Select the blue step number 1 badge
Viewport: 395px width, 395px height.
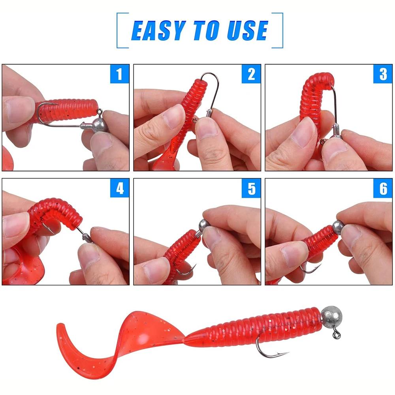pos(120,74)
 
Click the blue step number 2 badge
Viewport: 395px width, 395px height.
pos(251,74)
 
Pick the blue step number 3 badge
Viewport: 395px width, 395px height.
pos(383,74)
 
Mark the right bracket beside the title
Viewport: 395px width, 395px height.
pos(282,30)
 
